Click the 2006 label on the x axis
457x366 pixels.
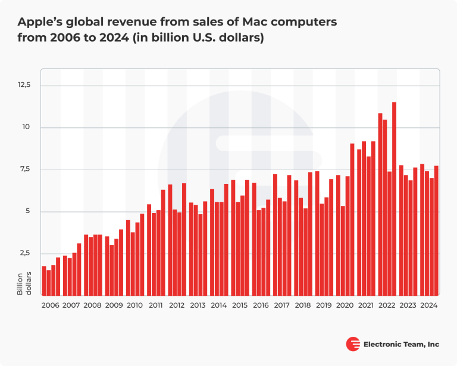pos(51,305)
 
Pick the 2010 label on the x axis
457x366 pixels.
pos(134,305)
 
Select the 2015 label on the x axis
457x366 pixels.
pos(239,305)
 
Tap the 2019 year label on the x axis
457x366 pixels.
pos(323,305)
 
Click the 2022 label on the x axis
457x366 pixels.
pos(387,305)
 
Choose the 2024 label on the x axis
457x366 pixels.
pos(428,305)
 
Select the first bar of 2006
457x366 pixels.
pos(44,281)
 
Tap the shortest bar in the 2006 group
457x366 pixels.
pos(49,283)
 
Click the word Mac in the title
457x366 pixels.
pos(259,22)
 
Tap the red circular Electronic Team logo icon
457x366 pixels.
pos(353,344)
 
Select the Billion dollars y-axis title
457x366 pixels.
pos(23,283)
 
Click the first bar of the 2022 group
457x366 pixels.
pos(380,205)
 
